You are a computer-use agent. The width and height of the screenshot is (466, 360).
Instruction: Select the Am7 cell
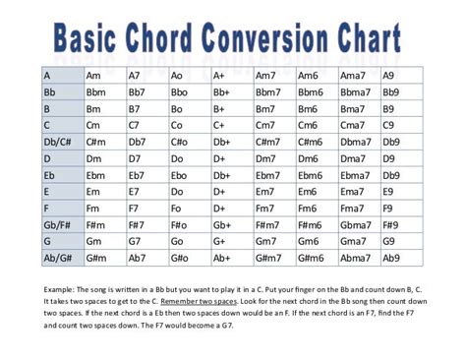[266, 76]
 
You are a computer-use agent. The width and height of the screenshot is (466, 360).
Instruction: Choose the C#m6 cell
[311, 142]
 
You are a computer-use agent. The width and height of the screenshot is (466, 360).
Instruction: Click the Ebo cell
[180, 175]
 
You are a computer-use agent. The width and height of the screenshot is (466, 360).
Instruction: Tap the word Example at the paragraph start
[61, 288]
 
